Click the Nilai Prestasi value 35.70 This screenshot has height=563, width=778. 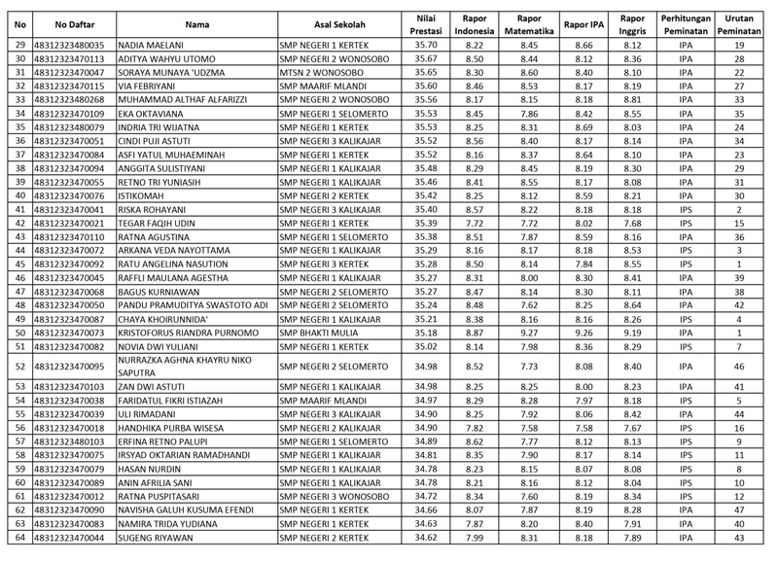tap(425, 46)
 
